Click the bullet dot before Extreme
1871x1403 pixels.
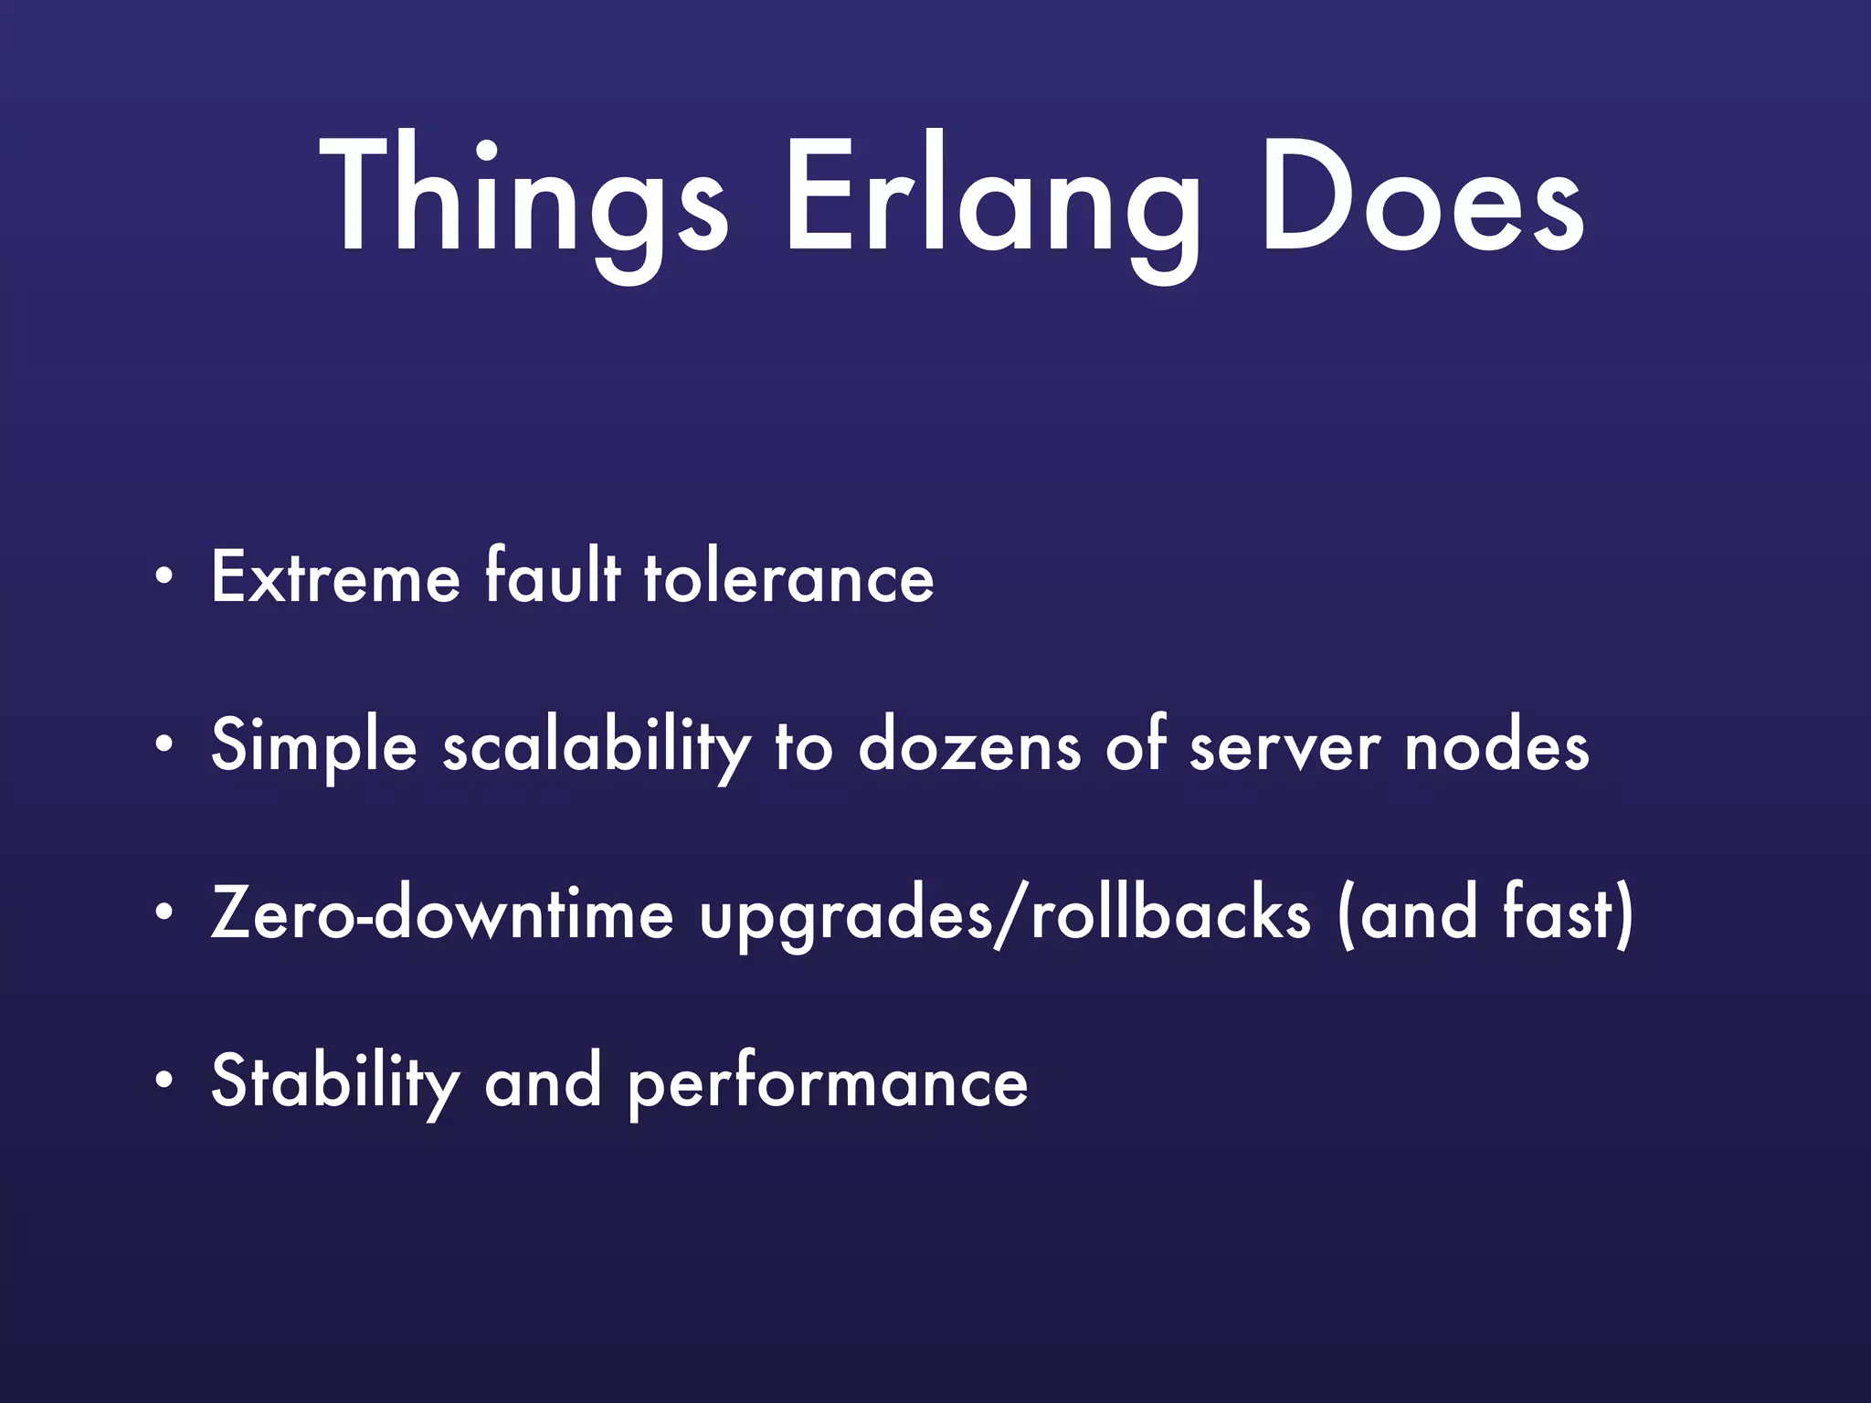[x=164, y=577]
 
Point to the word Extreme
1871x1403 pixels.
[x=335, y=577]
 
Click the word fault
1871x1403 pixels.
[x=553, y=577]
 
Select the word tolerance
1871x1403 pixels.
[x=789, y=579]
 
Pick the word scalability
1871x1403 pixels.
[x=597, y=747]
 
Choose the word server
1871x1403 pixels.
[x=1284, y=747]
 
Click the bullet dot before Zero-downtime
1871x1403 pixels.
[x=164, y=913]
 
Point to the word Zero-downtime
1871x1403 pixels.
[x=442, y=913]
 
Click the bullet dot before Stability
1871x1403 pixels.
[x=164, y=1081]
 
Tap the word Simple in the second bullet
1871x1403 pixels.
[x=314, y=747]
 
